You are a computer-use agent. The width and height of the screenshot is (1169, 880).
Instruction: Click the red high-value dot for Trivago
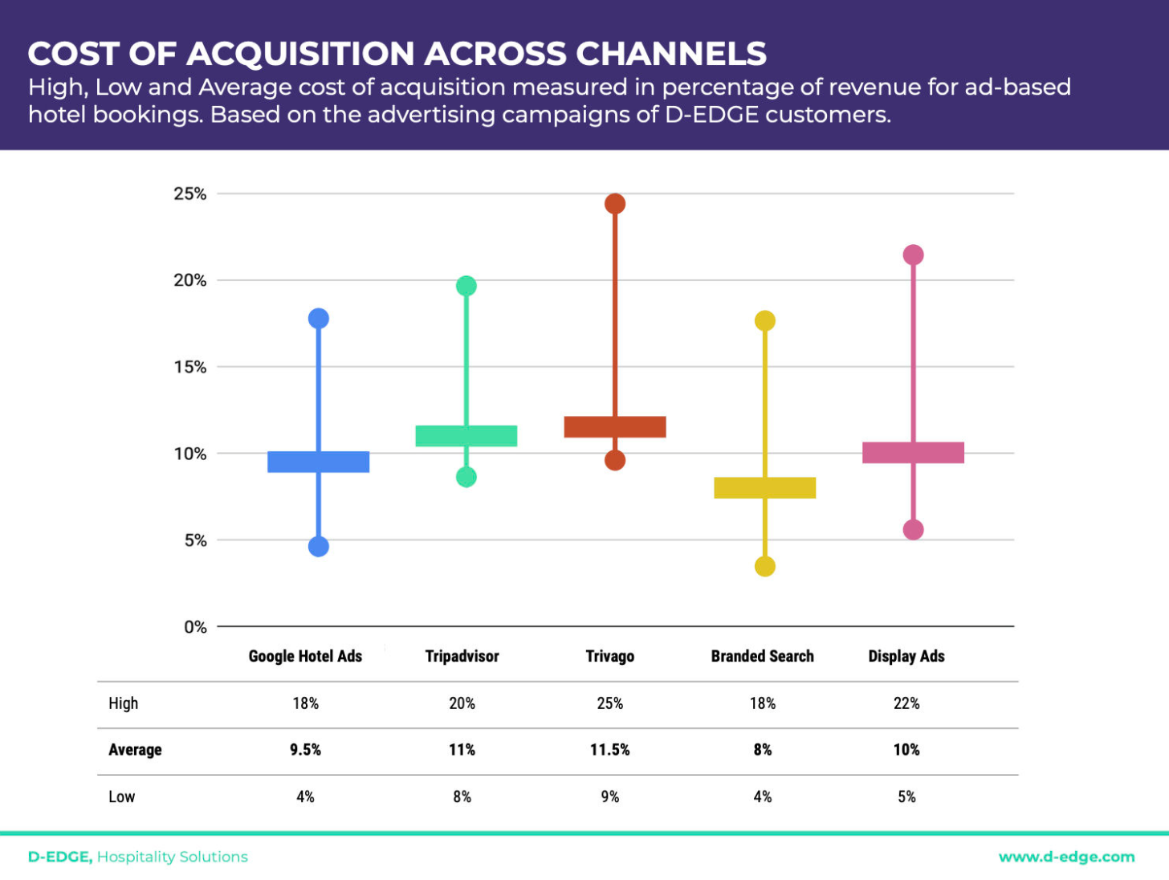pyautogui.click(x=615, y=204)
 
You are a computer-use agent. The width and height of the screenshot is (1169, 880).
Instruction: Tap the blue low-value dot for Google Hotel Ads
pyautogui.click(x=319, y=547)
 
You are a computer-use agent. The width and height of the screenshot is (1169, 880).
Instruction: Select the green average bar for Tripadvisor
pyautogui.click(x=466, y=436)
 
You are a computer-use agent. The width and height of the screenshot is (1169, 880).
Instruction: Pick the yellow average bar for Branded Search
pyautogui.click(x=765, y=488)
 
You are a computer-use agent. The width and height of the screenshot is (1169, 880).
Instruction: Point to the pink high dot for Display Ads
pyautogui.click(x=913, y=255)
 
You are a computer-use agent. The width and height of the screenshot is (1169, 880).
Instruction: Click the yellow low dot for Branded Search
pyautogui.click(x=765, y=567)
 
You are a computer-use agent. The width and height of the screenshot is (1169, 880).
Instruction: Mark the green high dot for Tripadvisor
pyautogui.click(x=466, y=286)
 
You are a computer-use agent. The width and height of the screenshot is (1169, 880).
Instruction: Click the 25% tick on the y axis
pyautogui.click(x=190, y=194)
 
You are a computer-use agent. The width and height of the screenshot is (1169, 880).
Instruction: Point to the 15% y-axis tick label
pyautogui.click(x=190, y=367)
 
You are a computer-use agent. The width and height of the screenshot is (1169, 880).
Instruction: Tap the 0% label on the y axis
pyautogui.click(x=195, y=627)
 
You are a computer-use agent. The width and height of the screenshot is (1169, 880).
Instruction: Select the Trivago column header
pyautogui.click(x=610, y=657)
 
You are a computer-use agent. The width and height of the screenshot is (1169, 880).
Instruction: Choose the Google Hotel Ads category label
pyautogui.click(x=305, y=657)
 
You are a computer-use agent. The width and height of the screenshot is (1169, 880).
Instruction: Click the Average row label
pyautogui.click(x=135, y=750)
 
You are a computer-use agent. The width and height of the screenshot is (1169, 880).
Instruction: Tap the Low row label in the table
pyautogui.click(x=122, y=797)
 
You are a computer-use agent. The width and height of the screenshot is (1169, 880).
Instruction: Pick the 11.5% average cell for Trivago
pyautogui.click(x=610, y=750)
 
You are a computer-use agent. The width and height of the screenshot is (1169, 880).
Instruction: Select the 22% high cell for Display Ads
pyautogui.click(x=906, y=703)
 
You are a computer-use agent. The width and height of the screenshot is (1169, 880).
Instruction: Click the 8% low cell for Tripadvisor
pyautogui.click(x=462, y=797)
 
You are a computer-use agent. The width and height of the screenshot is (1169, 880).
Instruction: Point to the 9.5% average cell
pyautogui.click(x=305, y=750)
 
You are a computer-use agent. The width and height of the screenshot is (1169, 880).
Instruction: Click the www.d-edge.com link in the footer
pyautogui.click(x=1066, y=858)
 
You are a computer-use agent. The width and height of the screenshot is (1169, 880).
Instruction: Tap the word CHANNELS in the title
pyautogui.click(x=671, y=54)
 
